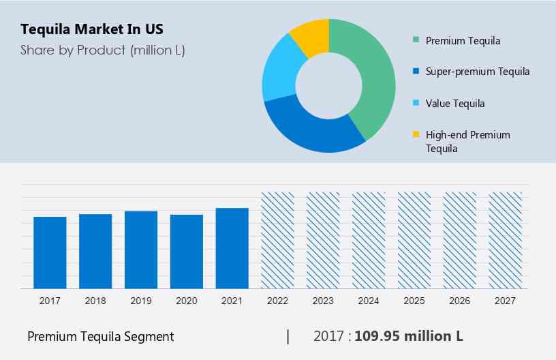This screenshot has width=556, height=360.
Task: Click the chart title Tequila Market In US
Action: pyautogui.click(x=92, y=29)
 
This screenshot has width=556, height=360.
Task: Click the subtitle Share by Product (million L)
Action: pyautogui.click(x=102, y=50)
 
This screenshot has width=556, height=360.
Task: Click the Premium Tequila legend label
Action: pyautogui.click(x=463, y=40)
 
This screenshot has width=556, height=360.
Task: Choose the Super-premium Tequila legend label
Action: pyautogui.click(x=477, y=72)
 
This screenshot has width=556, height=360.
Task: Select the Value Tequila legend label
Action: pyautogui.click(x=455, y=104)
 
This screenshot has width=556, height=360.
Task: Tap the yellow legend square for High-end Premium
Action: pyautogui.click(x=416, y=135)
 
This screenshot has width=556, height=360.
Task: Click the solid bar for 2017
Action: pyautogui.click(x=50, y=252)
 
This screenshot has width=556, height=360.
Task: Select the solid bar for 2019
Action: pyautogui.click(x=141, y=250)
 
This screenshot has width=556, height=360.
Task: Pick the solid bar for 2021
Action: pyautogui.click(x=232, y=248)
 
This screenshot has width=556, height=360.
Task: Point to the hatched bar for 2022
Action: pyautogui.click(x=278, y=240)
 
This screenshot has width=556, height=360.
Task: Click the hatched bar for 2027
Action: pyautogui.click(x=506, y=240)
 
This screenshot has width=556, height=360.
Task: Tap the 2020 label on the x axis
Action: pyautogui.click(x=187, y=301)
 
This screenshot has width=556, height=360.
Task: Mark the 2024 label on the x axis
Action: pyautogui.click(x=369, y=301)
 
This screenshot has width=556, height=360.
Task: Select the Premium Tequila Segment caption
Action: pyautogui.click(x=100, y=336)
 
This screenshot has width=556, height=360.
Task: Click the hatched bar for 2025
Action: pyautogui.click(x=414, y=240)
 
